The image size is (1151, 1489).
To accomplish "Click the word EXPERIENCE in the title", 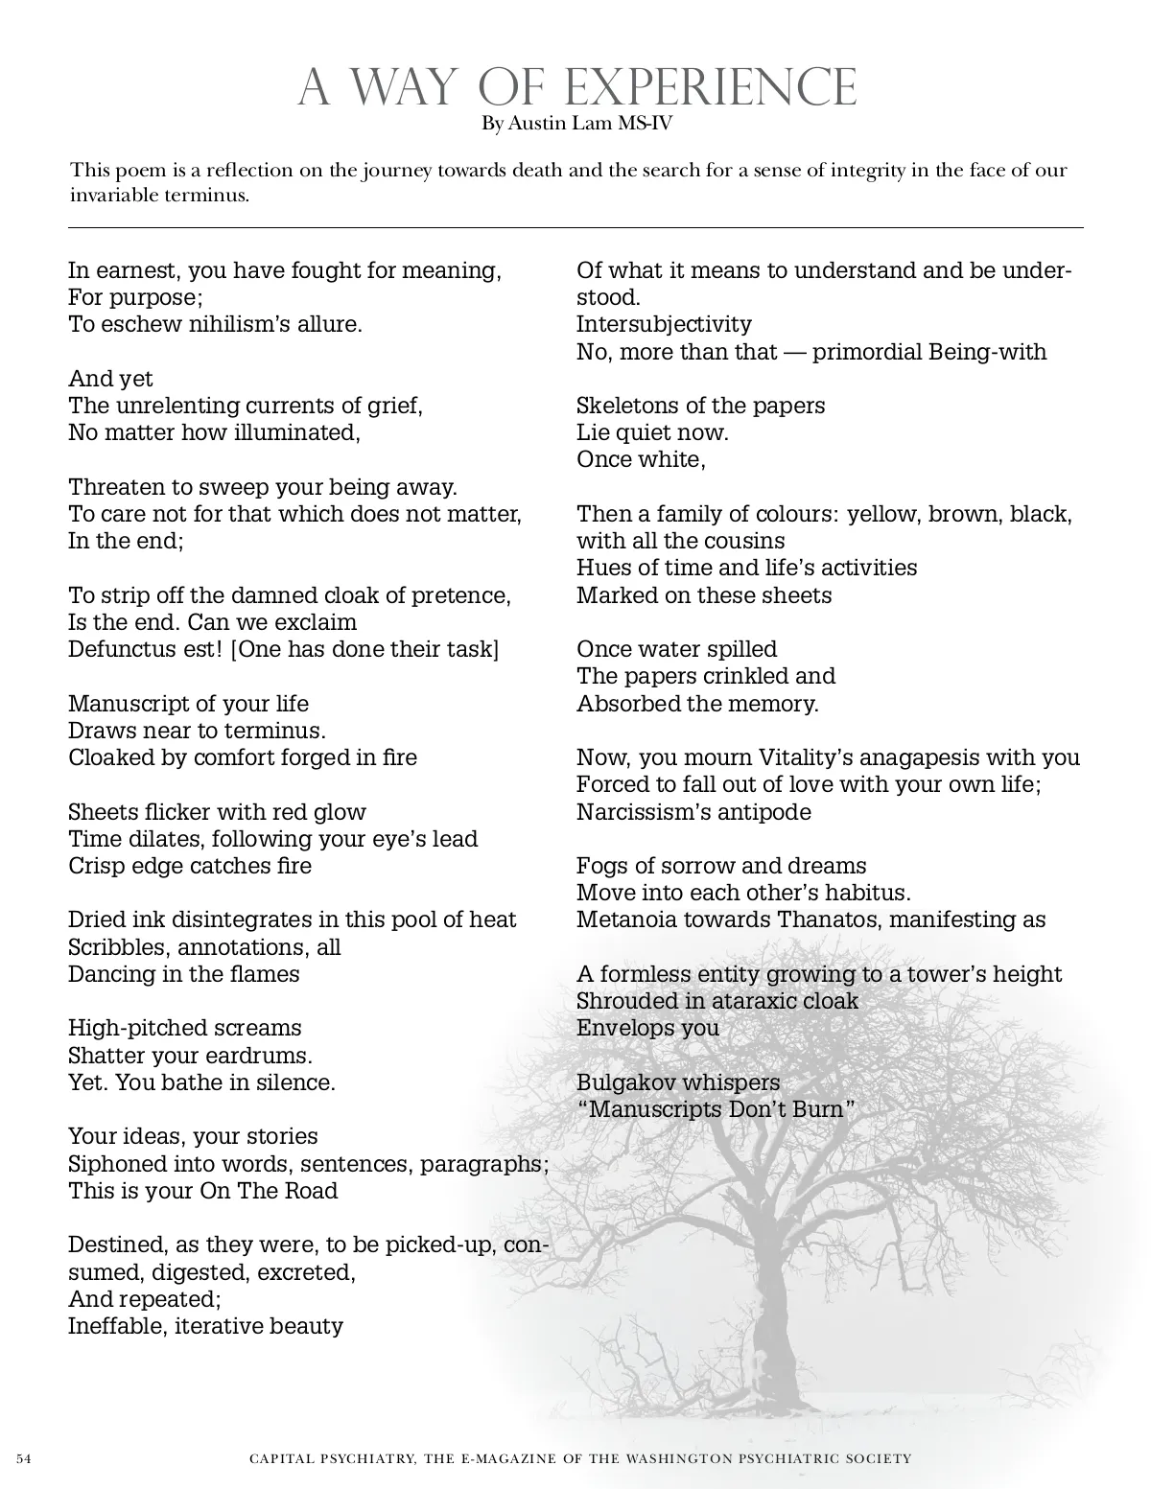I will pyautogui.click(x=710, y=88).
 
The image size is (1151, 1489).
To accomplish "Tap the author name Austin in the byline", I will pyautogui.click(x=537, y=124).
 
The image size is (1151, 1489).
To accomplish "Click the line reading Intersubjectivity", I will pyautogui.click(x=664, y=324).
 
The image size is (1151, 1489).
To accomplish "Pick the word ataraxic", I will pyautogui.click(x=746, y=1001).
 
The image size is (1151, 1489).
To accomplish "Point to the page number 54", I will pyautogui.click(x=24, y=1458).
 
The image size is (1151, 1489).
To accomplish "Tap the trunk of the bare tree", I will pyautogui.click(x=773, y=1342).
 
